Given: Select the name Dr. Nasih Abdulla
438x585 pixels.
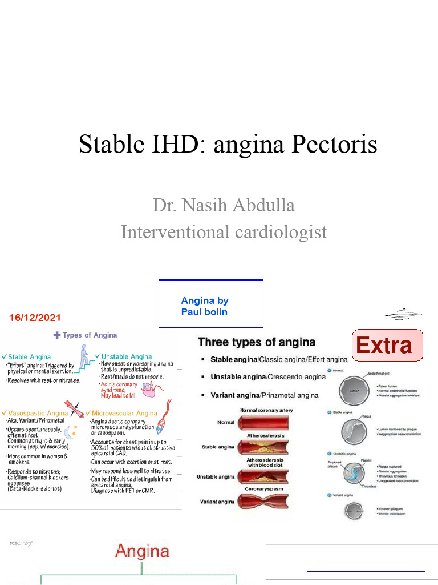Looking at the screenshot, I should click(x=224, y=205).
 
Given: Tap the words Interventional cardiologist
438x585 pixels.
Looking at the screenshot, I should click(x=224, y=231).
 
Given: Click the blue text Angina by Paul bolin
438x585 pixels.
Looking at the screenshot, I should click(x=204, y=306).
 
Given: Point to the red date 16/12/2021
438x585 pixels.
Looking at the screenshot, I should click(x=35, y=317).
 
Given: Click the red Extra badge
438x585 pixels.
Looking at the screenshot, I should click(x=384, y=345).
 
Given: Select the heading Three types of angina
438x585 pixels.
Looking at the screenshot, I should click(x=256, y=342).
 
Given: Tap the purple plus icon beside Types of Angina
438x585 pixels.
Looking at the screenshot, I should click(x=56, y=335).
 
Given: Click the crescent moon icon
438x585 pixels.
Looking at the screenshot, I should click(x=69, y=434).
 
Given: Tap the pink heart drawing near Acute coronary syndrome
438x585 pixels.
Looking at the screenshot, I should click(x=149, y=390).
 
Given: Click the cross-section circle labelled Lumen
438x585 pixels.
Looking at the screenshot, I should click(x=354, y=391).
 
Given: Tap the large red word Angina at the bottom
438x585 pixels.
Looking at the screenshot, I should click(x=142, y=551).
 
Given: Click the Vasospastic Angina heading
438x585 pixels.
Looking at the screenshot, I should click(x=38, y=412).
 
